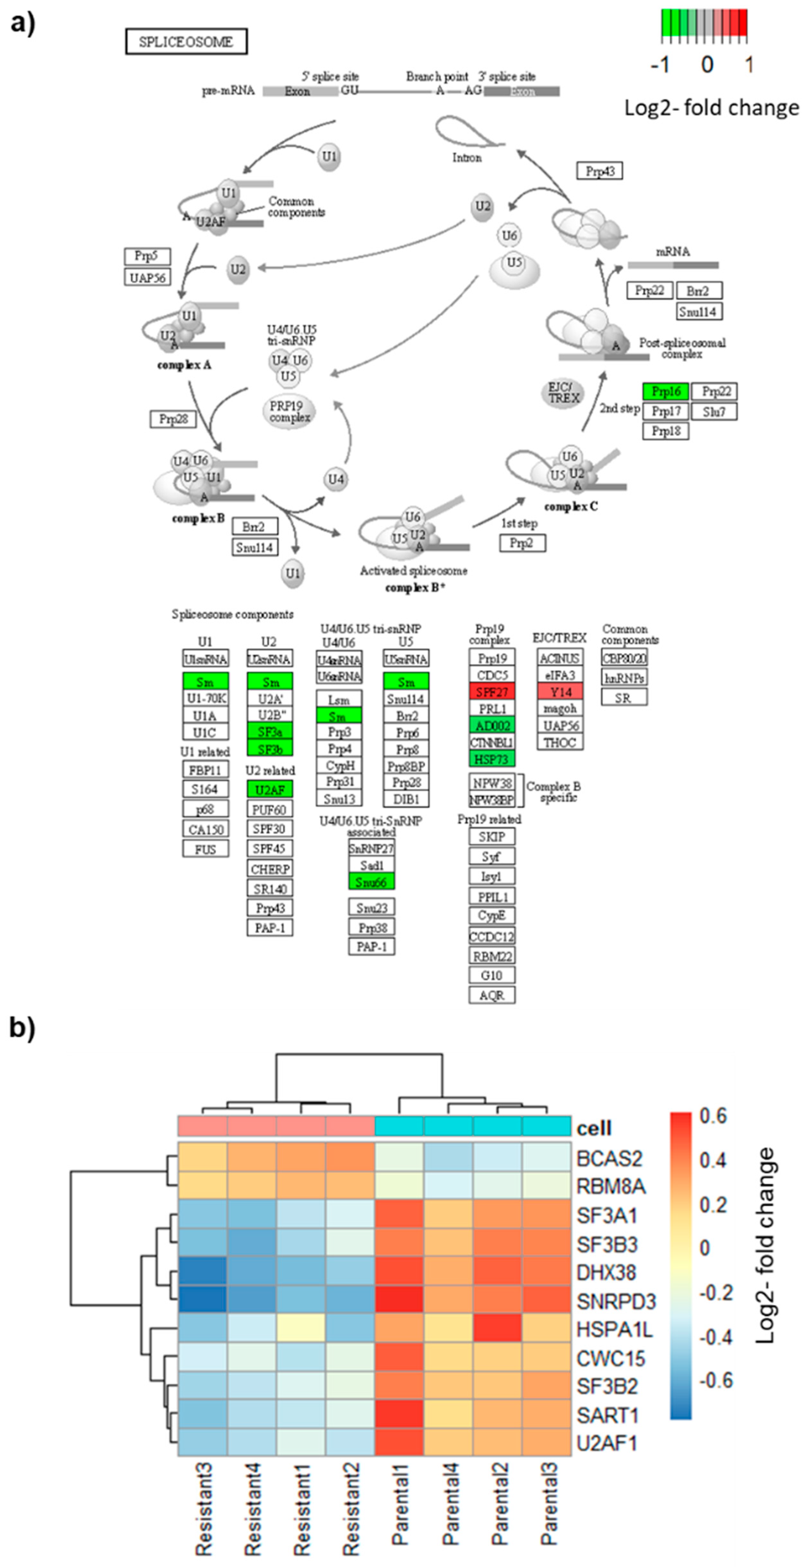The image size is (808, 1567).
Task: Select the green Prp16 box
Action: tap(666, 391)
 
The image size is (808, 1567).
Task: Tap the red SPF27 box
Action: tap(492, 692)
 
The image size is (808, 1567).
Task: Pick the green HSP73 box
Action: tap(492, 759)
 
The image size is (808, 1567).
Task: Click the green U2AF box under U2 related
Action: tap(270, 789)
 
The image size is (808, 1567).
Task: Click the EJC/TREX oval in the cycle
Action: tap(563, 393)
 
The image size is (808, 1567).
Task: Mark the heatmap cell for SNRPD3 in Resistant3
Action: tap(202, 1301)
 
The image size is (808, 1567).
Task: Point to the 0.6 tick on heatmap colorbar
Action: tap(713, 1116)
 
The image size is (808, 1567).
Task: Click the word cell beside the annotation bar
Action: tap(594, 1128)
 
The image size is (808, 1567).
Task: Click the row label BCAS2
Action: tap(609, 1158)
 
